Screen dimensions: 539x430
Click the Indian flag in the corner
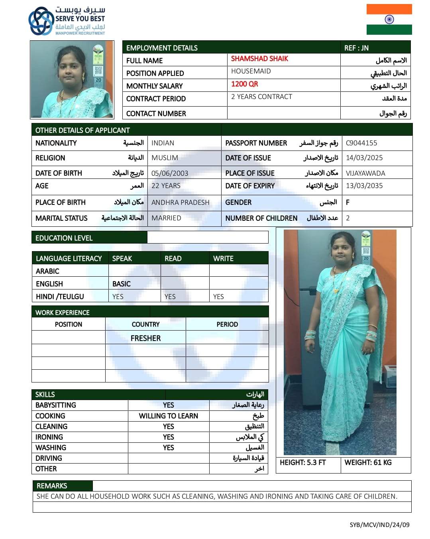coord(389,19)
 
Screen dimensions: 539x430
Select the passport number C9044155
coord(361,143)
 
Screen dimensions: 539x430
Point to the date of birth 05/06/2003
coord(169,173)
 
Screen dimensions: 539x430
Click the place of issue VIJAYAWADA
coord(365,173)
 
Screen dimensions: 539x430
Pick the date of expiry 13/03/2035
coord(364,186)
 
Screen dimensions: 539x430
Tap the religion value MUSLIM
coord(165,158)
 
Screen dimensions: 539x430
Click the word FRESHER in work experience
coord(145,338)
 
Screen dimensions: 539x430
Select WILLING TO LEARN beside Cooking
coord(168,416)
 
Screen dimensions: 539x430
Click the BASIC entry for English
coord(121,284)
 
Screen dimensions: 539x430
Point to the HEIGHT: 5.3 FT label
coord(302,462)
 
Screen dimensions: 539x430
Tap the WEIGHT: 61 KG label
coord(368,462)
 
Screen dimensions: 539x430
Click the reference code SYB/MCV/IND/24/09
coord(379,525)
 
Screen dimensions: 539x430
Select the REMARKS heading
coord(52,486)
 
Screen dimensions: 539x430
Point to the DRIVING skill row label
coord(49,458)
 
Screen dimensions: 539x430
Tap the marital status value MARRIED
coord(166,218)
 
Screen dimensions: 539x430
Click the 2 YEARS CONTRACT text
coord(261,97)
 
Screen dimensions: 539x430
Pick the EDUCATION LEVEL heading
coord(64,238)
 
